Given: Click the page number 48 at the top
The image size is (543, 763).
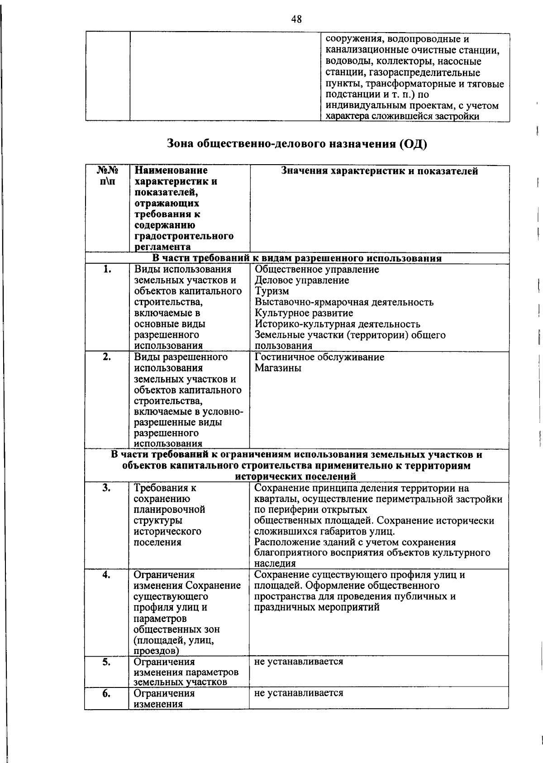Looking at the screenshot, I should (296, 19).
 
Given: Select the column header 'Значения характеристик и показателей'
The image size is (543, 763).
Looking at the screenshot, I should (379, 171).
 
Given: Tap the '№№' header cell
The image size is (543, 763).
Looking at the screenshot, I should (107, 171).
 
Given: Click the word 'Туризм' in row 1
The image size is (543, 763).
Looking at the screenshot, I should (271, 291).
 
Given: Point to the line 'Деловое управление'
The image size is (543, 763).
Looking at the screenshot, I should (302, 280).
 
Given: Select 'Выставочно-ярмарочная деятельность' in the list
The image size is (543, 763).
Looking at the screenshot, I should (344, 302).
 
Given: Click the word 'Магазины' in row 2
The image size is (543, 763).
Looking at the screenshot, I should (278, 368).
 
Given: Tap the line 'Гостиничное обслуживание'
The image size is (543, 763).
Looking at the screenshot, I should (319, 357).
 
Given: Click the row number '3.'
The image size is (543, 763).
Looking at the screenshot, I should (106, 488).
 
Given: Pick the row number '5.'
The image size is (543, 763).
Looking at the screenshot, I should (106, 662).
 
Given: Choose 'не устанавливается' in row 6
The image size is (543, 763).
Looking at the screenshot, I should (299, 693).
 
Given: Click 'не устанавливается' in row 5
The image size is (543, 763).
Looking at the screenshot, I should (299, 662).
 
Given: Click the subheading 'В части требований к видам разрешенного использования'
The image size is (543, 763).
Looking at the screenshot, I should (296, 259).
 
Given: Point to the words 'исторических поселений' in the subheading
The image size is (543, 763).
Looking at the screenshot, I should (295, 477).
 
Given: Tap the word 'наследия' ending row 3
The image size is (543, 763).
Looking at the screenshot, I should (275, 564).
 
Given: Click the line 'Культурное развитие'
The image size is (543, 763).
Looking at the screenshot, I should (304, 313).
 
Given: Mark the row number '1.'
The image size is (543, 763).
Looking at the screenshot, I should (107, 269).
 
